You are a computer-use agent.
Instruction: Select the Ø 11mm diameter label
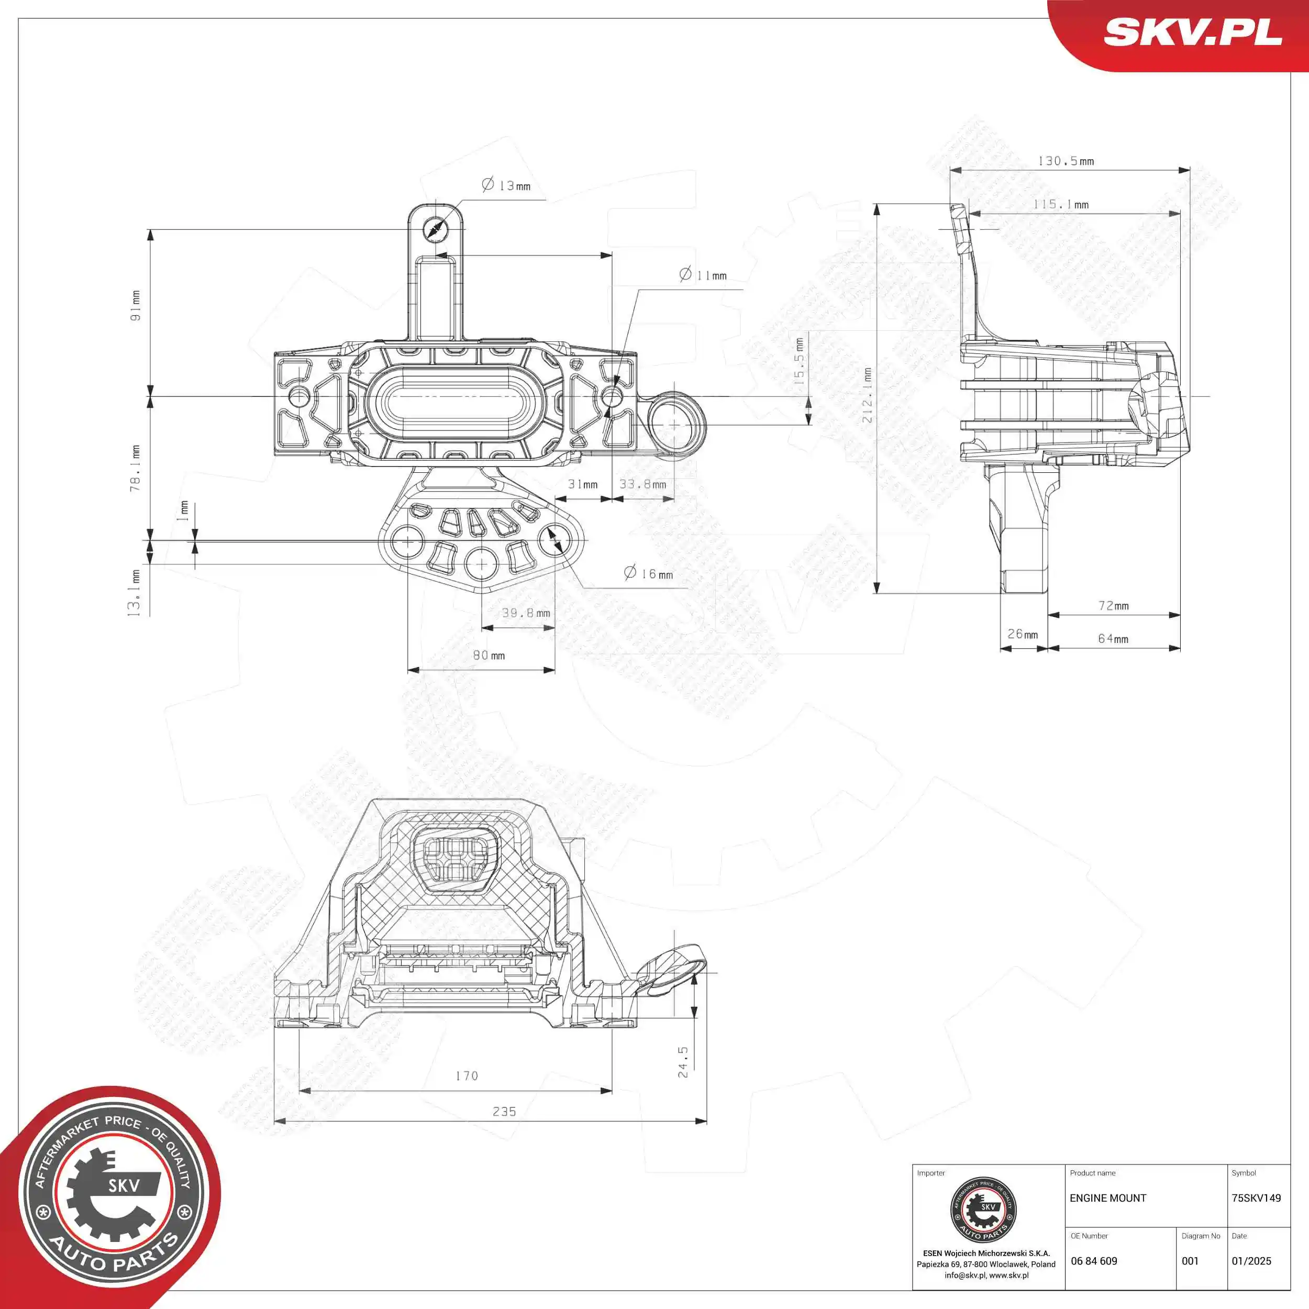703,275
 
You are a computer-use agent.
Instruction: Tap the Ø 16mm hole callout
648,574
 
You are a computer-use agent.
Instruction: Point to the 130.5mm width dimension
1066,161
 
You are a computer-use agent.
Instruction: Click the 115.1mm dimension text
1060,204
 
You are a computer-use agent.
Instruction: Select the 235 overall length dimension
504,1112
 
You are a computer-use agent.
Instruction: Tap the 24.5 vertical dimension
683,1062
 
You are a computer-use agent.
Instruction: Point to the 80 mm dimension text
489,655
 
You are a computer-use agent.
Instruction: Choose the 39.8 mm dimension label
526,613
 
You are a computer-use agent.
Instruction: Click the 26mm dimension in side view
1023,634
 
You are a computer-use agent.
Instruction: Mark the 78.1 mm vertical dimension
136,468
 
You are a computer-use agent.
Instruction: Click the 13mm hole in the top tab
434,228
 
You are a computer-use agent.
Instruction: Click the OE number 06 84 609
1094,1261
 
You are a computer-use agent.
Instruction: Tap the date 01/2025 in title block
1251,1261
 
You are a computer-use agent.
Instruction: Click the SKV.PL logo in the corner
1192,32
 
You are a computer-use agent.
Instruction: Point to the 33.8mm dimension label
642,484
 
